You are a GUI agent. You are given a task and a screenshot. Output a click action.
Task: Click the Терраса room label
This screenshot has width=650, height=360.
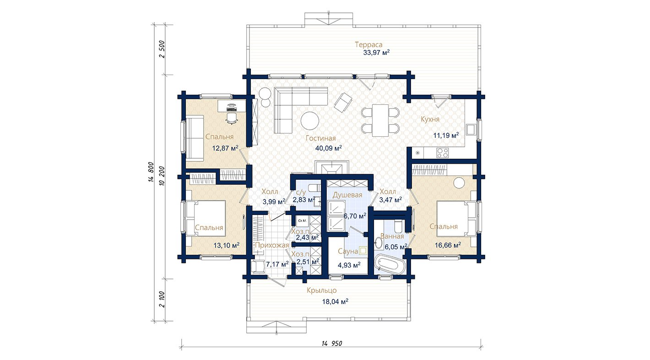368,45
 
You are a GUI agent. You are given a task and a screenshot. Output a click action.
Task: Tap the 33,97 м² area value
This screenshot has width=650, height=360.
376,53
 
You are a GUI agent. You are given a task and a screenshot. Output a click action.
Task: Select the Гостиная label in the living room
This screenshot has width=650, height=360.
320,138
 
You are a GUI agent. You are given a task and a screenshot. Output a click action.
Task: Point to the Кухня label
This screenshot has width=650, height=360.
430,119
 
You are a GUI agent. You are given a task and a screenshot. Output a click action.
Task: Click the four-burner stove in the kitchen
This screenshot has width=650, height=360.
443,153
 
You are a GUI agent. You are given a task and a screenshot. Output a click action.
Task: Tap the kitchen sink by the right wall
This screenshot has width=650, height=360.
471,129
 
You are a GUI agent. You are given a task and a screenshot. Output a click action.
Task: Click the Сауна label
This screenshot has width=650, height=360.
348,252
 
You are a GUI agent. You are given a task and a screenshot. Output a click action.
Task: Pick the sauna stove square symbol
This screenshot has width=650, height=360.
363,251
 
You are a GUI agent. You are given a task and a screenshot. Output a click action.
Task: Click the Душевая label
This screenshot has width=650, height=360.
347,195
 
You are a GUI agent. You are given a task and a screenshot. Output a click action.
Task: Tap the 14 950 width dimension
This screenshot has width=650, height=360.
332,344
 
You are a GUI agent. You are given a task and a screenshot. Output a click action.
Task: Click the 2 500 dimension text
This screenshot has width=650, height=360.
162,49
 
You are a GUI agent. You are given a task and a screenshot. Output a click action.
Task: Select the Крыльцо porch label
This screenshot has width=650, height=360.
321,290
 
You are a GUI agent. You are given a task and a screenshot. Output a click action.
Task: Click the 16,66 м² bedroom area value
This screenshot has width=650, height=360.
448,246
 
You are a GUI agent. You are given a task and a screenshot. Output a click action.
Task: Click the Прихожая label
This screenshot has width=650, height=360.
272,246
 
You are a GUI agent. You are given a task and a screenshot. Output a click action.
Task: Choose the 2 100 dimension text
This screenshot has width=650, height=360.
162,299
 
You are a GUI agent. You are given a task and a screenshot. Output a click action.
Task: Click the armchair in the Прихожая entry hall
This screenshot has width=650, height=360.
257,267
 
